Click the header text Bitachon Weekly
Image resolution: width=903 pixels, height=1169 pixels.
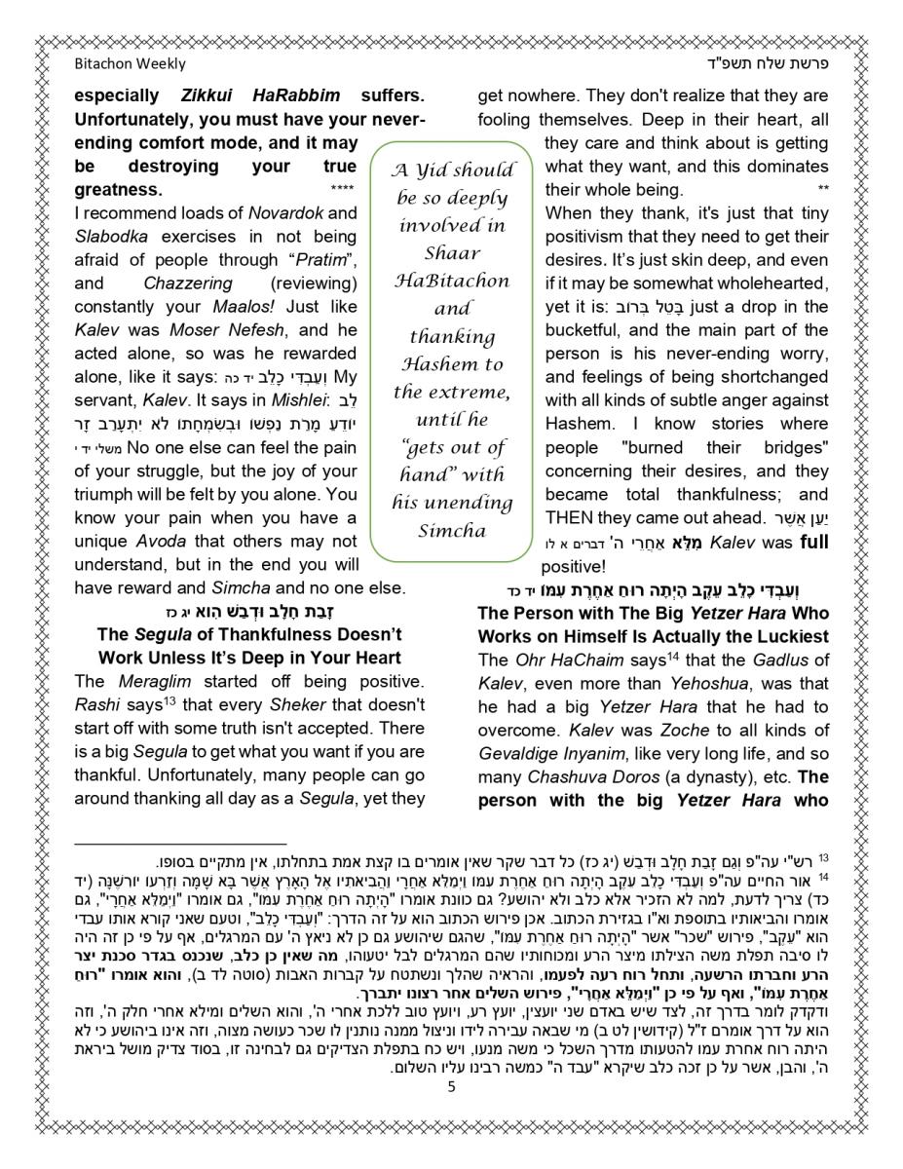130,64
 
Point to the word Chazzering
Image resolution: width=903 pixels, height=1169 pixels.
188,283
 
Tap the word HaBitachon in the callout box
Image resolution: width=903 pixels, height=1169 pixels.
452,281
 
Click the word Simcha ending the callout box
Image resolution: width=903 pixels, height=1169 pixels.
452,531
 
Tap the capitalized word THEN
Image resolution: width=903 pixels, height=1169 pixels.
570,517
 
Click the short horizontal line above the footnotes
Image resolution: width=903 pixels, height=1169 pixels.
180,843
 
